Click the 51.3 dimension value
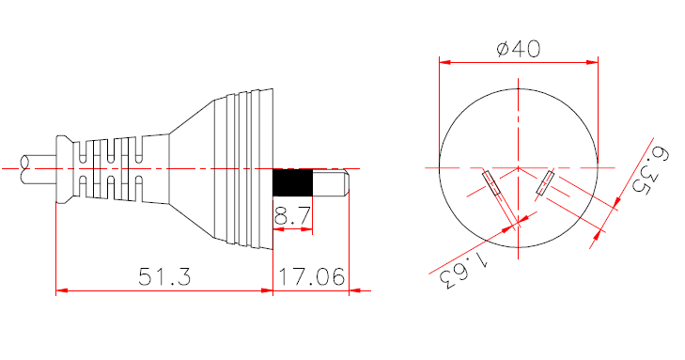(164, 277)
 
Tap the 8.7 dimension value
(292, 217)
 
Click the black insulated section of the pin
(291, 182)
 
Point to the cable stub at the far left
(39, 168)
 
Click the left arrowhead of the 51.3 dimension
(61, 291)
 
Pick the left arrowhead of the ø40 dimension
(444, 64)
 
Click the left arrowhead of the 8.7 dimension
(277, 231)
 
